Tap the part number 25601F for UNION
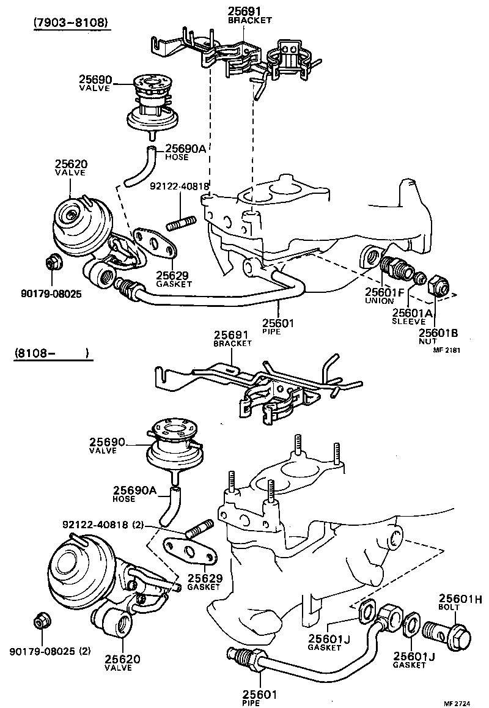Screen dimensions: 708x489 point(384,292)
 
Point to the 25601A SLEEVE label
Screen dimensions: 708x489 point(413,312)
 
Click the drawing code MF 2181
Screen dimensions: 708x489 point(446,350)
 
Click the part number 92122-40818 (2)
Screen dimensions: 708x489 point(102,525)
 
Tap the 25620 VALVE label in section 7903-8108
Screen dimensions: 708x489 point(71,168)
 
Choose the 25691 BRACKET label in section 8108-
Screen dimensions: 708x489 point(232,339)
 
